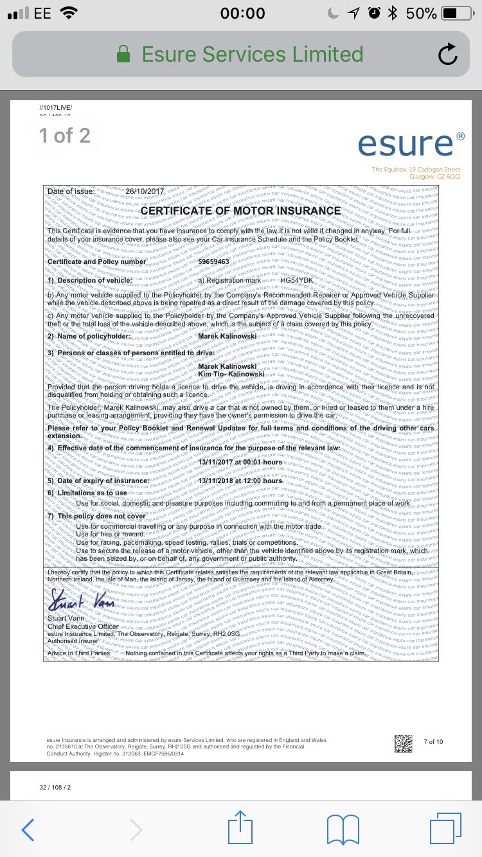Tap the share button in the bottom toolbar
pyautogui.click(x=240, y=829)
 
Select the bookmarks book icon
pyautogui.click(x=343, y=829)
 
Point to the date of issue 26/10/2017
pyautogui.click(x=145, y=191)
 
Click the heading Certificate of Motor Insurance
pyautogui.click(x=240, y=211)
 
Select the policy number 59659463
pyautogui.click(x=213, y=261)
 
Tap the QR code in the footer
pyautogui.click(x=403, y=744)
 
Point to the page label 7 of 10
pyautogui.click(x=433, y=742)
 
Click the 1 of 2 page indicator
pyautogui.click(x=64, y=136)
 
